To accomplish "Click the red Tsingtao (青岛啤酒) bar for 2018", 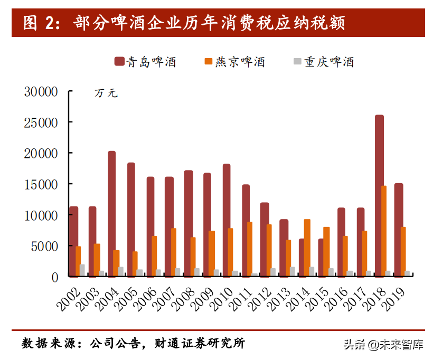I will tap(379, 195).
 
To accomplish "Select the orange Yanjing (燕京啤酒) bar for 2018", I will tap(384, 231).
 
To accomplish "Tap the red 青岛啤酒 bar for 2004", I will tap(111, 213).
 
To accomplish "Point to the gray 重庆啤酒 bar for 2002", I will tap(82, 270).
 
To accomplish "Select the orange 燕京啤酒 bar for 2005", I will tap(135, 263).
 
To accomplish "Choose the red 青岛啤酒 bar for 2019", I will tap(398, 230).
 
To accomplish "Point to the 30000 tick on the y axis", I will tap(41, 92).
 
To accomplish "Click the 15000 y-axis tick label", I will tap(41, 184).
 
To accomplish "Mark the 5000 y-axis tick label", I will tap(44, 246).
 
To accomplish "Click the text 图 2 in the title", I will tap(37, 24).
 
